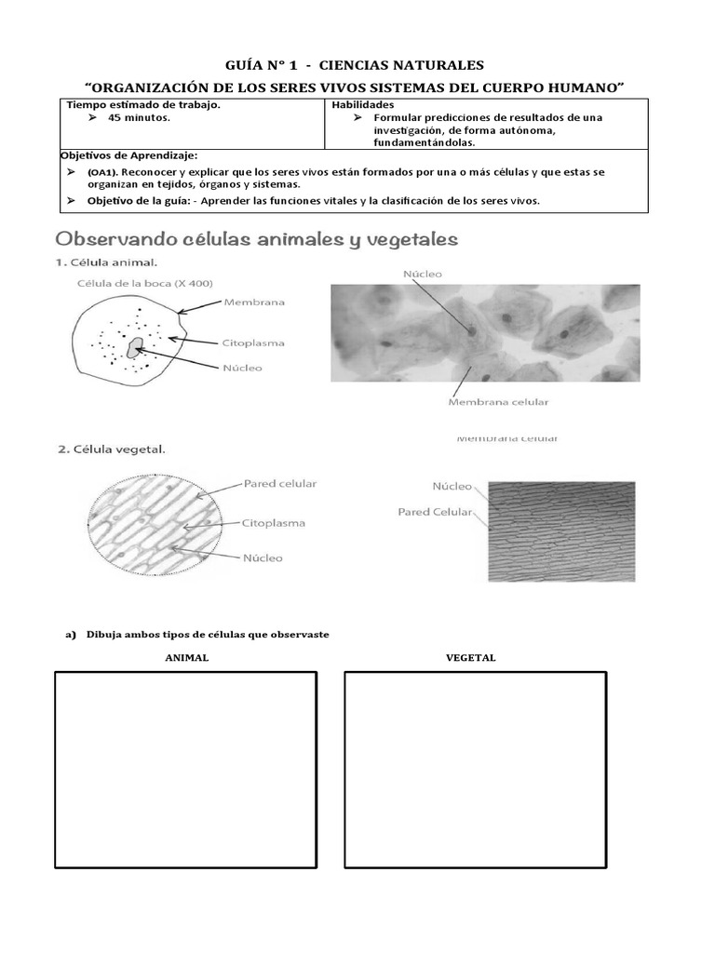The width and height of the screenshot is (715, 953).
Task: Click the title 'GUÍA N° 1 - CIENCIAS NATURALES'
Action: (355, 65)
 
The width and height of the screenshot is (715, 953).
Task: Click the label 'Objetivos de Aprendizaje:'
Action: (128, 155)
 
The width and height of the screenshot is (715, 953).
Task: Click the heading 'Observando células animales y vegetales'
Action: (258, 240)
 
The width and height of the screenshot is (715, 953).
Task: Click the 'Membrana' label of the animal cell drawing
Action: (254, 302)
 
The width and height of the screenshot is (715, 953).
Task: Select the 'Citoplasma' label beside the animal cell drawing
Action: (254, 343)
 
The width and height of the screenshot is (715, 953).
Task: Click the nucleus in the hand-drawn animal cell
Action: (136, 348)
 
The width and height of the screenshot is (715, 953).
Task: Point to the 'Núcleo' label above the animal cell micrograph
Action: (423, 274)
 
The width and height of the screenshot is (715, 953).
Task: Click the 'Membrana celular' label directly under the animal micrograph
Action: (499, 402)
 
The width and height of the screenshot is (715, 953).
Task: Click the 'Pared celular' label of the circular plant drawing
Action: (279, 484)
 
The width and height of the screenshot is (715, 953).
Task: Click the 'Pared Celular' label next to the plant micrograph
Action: (435, 512)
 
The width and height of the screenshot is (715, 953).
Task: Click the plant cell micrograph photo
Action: (561, 530)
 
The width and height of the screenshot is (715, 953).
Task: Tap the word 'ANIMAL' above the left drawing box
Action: (186, 658)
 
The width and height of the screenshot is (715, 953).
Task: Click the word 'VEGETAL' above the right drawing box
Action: (470, 658)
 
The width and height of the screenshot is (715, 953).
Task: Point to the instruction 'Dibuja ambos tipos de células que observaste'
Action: (208, 635)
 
